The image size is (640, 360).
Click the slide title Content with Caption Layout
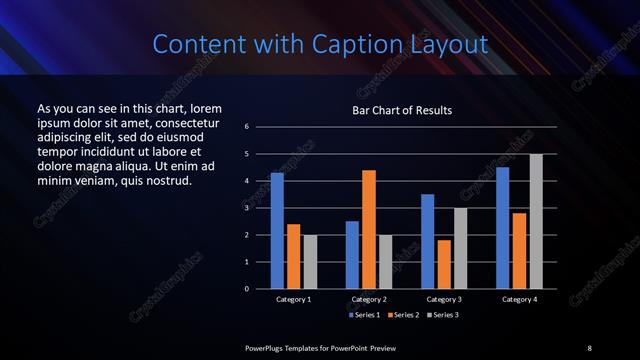pos(320,44)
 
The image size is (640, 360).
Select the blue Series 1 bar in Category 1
pos(277,230)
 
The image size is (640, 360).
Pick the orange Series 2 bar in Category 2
pos(369,229)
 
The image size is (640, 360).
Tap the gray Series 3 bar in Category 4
pos(535,221)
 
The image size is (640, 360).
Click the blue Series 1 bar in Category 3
pos(427,241)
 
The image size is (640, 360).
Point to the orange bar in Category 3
pos(444,264)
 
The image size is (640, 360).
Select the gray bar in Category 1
pos(310,261)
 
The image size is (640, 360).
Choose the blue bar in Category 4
pos(502,227)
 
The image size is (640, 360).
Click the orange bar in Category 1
pos(293,256)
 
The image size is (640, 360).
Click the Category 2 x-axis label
pos(369,299)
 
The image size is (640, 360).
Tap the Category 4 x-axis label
pos(519,299)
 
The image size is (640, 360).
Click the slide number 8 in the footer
pos(589,347)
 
